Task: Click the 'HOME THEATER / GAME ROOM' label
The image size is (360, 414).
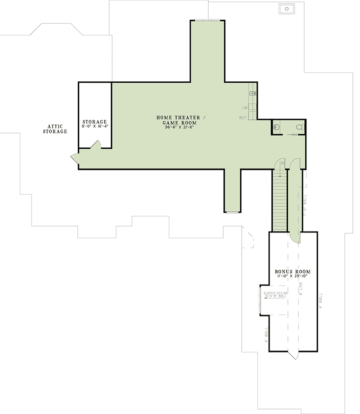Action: pos(177,120)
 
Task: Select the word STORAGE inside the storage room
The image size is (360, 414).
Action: pos(94,122)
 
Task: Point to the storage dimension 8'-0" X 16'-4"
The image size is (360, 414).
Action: pos(94,127)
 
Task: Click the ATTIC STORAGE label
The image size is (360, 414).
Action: pos(55,129)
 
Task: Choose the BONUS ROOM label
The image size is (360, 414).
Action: pos(293,272)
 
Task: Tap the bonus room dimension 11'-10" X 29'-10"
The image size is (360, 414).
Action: pos(293,277)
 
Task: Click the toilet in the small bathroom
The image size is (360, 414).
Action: pos(298,129)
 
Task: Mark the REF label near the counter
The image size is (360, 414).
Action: pos(243,118)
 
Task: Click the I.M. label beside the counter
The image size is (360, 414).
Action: pos(245,108)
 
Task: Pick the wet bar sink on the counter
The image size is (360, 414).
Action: pos(252,93)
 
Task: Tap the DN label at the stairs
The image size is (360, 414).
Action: pos(282,163)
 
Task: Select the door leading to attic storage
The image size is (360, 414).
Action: pos(75,157)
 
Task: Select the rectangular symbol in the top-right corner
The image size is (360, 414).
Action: pos(285,9)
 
